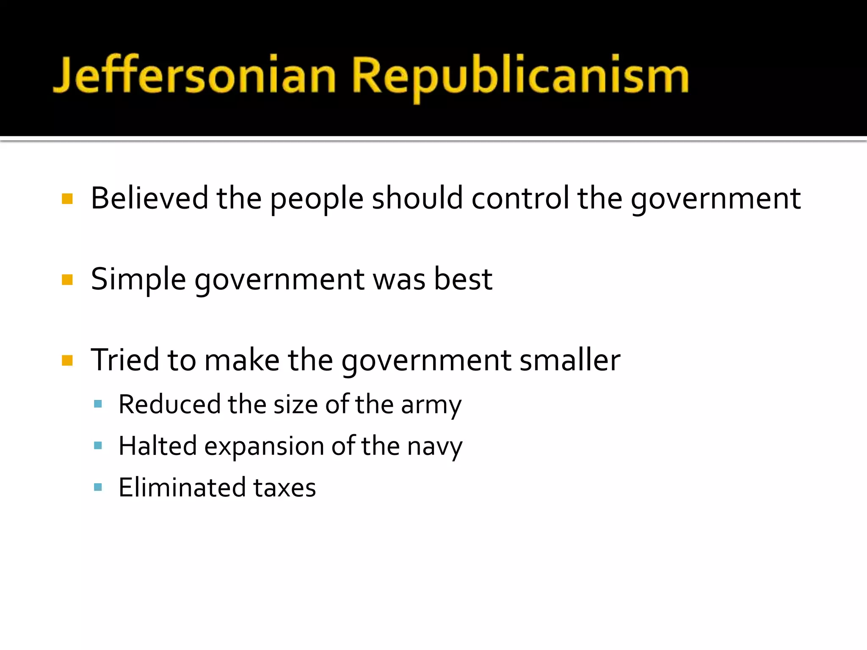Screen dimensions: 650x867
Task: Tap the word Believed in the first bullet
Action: click(x=149, y=198)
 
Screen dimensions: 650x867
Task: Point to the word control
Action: click(x=520, y=198)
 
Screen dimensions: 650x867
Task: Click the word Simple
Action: click(x=138, y=279)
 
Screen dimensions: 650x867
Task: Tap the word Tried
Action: click(x=125, y=360)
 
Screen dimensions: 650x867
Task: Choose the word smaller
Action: click(x=570, y=360)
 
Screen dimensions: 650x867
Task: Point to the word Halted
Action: click(x=158, y=446)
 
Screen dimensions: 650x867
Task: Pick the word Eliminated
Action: click(x=182, y=487)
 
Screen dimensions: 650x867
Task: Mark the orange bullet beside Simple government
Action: click(x=67, y=280)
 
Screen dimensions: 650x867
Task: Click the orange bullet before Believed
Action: click(x=67, y=198)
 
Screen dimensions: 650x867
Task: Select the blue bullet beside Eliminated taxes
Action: click(x=98, y=487)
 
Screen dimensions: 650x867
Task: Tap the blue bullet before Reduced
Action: click(x=98, y=404)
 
